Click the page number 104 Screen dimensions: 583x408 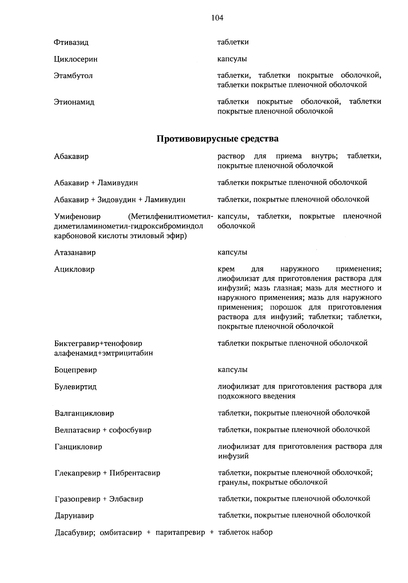[217, 18]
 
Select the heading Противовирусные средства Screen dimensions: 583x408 [217, 139]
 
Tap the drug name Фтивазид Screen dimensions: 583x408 [71, 43]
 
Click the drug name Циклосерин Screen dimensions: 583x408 [76, 59]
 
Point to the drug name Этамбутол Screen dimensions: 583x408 [73, 76]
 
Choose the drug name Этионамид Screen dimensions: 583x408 [74, 102]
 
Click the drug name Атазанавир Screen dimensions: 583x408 [75, 253]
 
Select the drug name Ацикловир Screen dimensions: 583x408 [74, 270]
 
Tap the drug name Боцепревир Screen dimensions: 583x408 [75, 370]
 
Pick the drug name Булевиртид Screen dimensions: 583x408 [75, 387]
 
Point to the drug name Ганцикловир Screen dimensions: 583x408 [78, 447]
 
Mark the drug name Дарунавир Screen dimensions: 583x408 [74, 516]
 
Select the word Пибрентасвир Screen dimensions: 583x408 [135, 473]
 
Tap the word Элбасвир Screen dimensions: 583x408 [126, 499]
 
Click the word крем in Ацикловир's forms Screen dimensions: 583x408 [226, 270]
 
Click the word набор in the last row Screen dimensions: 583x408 [262, 532]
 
